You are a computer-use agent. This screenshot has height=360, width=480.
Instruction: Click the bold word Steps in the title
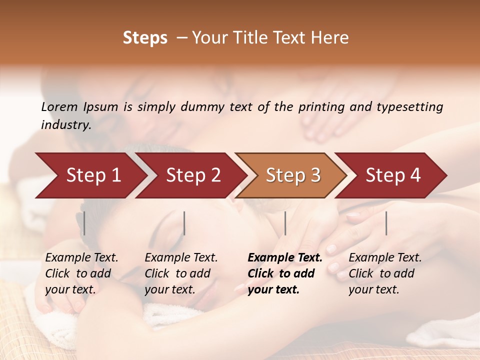coord(145,38)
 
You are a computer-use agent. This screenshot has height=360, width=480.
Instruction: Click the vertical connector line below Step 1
coord(84,223)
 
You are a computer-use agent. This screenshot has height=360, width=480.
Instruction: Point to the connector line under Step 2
coord(184,223)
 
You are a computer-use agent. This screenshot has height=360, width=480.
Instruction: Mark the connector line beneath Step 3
coord(285,223)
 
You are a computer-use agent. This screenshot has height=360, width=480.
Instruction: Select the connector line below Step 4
coord(386,223)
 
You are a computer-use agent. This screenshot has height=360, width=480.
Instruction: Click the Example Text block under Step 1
coord(81,273)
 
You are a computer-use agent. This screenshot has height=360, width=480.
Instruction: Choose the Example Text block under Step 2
coord(181,273)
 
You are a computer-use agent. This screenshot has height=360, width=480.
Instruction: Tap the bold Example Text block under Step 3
coord(285,273)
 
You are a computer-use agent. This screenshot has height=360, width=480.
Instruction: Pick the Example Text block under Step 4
coord(385,273)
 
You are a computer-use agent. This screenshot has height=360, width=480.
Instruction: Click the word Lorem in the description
coord(59,107)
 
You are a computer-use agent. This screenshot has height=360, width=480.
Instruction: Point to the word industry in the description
coord(65,125)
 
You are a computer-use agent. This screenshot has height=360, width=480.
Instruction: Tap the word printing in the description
coord(320,107)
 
